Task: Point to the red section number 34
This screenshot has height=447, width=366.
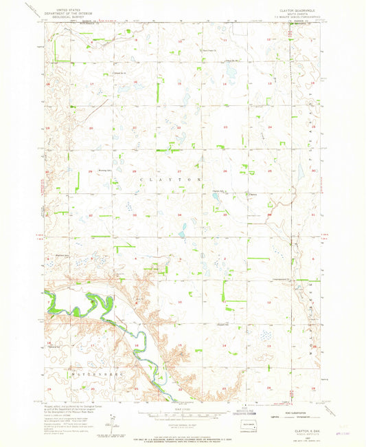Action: (180, 215)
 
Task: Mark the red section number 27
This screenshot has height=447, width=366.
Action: (180, 171)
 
